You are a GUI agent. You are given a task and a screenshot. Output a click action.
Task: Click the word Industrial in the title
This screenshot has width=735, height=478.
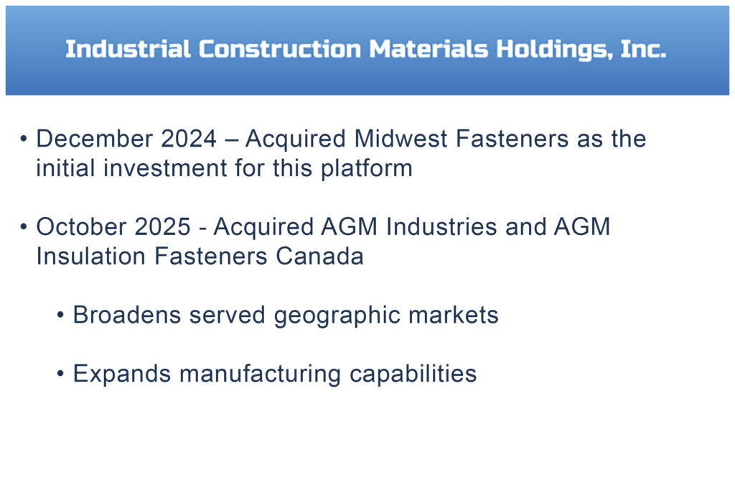(x=128, y=50)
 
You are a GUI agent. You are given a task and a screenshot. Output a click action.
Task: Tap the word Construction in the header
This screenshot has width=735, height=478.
(x=280, y=50)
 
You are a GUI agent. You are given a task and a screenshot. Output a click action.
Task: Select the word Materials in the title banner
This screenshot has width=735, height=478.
(x=429, y=50)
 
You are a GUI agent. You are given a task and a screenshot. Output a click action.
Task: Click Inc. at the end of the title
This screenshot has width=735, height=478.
(x=643, y=50)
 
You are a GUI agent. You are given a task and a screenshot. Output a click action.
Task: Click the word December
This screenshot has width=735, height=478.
(x=94, y=139)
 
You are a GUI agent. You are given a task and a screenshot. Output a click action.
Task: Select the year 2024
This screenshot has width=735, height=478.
(x=189, y=139)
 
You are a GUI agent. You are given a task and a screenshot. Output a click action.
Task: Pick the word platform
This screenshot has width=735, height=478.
(x=367, y=169)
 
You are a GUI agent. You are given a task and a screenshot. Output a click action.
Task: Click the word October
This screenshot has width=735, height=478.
(x=82, y=227)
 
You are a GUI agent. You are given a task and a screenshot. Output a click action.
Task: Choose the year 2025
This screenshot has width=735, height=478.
(x=163, y=227)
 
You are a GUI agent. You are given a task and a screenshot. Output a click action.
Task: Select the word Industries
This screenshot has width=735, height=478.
(x=441, y=227)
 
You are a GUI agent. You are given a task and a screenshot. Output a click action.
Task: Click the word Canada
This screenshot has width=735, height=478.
(x=319, y=257)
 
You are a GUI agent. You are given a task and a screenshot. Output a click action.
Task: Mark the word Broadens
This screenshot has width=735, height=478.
(x=127, y=315)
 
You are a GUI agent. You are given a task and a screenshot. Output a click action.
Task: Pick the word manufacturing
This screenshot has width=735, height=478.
(x=260, y=374)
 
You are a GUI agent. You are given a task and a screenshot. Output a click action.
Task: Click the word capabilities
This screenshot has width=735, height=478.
(x=413, y=374)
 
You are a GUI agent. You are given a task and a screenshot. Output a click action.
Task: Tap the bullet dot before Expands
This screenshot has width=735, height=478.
(x=60, y=374)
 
